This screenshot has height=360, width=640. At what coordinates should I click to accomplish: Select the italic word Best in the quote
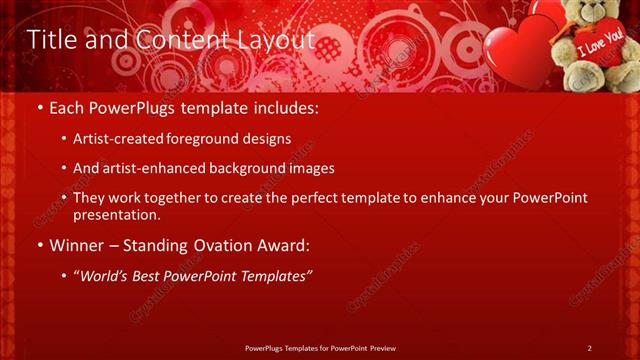coord(149,274)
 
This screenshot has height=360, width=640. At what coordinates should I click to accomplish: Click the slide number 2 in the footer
coord(589,348)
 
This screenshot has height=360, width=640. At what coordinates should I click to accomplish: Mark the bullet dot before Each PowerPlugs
coord(39,106)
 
